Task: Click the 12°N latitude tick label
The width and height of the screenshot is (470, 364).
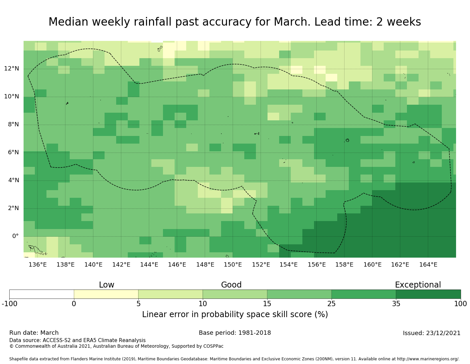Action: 11,69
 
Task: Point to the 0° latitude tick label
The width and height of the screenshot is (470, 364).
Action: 15,236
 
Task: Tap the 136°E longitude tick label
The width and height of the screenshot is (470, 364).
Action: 38,265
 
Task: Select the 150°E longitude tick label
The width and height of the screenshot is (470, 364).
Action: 233,265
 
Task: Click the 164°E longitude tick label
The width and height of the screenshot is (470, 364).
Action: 428,265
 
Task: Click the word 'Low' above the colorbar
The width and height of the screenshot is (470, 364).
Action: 107,285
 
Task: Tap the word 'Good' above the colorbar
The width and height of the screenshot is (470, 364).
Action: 231,285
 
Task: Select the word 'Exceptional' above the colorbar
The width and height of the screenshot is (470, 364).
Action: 418,285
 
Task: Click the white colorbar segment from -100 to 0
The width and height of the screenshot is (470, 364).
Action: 41,294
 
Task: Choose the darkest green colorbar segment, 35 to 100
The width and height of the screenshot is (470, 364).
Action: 428,294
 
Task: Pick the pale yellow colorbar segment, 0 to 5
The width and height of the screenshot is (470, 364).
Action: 106,294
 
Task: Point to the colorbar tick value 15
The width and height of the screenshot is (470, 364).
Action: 267,303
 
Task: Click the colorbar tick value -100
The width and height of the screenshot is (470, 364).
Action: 9,303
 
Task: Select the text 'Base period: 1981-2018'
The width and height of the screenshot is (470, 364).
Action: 235,333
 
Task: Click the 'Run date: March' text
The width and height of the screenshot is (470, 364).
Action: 34,333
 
